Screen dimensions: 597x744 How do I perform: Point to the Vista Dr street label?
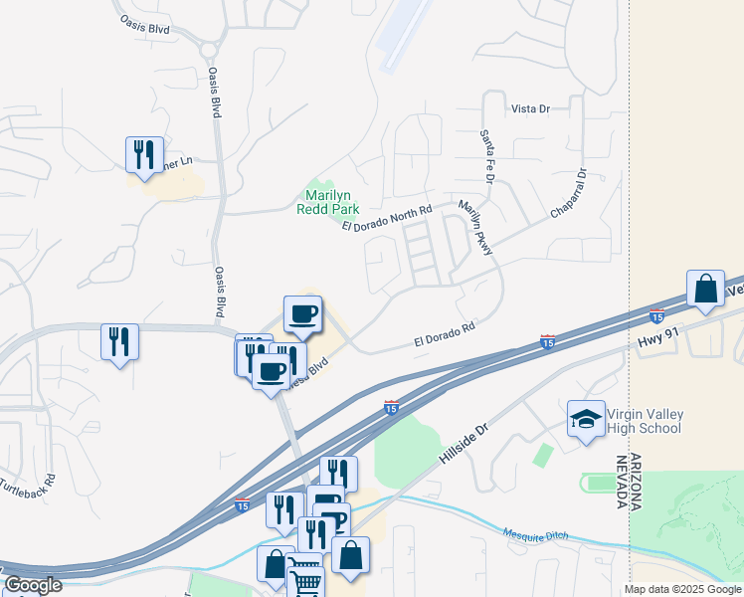[x=530, y=108]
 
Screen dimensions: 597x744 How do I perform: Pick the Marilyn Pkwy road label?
[x=475, y=228]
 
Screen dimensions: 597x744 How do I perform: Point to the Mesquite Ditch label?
[x=535, y=535]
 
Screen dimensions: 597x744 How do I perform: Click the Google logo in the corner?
[x=33, y=585]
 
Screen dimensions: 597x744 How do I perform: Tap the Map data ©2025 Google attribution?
[x=682, y=589]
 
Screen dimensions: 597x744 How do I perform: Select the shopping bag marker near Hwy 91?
[x=705, y=289]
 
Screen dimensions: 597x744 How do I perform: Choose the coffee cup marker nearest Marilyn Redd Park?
[x=303, y=313]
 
